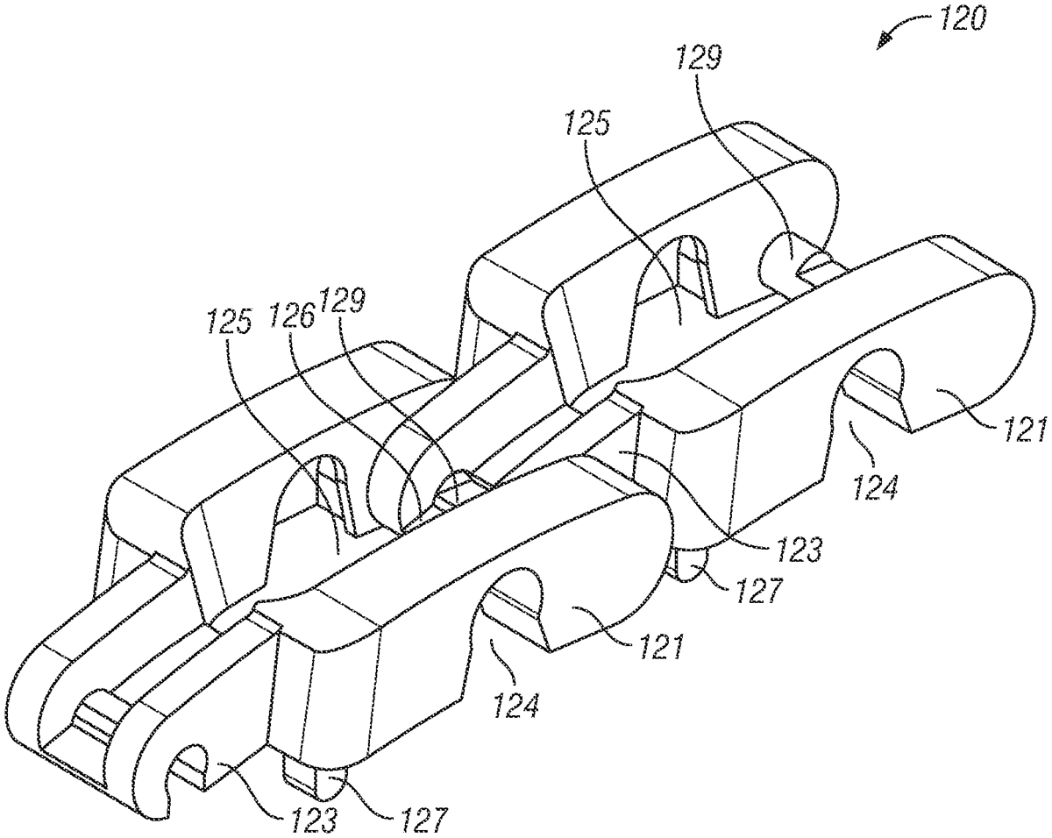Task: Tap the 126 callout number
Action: tap(292, 316)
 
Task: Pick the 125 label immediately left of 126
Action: tap(230, 321)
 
